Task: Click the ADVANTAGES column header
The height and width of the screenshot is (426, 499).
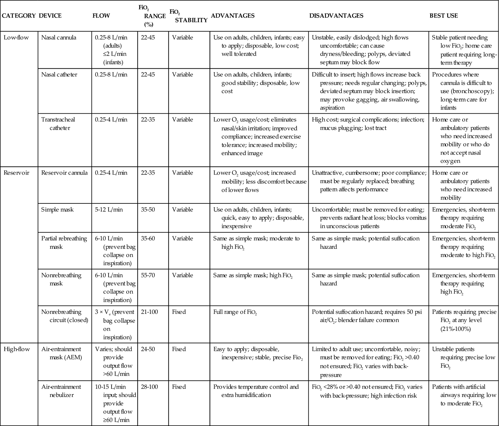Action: coord(233,16)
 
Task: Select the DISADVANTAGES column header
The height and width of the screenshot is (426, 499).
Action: coord(336,16)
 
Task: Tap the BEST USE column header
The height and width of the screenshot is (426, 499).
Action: coord(443,16)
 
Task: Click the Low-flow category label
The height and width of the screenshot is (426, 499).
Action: coord(16,37)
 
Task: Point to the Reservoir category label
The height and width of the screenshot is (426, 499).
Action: coord(16,173)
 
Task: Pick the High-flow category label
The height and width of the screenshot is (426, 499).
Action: coord(17,349)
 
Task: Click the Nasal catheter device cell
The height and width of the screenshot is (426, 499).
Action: coord(59,75)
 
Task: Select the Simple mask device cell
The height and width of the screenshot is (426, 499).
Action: coord(57,210)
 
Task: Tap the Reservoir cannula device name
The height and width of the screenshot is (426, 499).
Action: coord(64,173)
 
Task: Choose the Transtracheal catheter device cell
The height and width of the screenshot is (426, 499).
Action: coord(58,124)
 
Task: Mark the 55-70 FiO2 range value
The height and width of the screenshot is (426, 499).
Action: coord(148,275)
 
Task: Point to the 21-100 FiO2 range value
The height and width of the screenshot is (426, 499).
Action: coord(149,312)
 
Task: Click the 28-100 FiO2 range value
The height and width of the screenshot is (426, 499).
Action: coord(149,387)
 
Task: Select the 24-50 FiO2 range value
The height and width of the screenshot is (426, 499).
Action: coord(148,349)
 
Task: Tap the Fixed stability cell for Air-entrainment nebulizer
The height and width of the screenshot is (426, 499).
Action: coord(179,387)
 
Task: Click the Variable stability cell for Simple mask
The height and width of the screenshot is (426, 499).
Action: coord(182,210)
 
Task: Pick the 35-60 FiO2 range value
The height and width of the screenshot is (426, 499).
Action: coord(148,238)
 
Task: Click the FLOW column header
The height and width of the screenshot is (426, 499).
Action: coord(101,16)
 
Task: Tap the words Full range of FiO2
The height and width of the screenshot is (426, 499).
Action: coord(235,312)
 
